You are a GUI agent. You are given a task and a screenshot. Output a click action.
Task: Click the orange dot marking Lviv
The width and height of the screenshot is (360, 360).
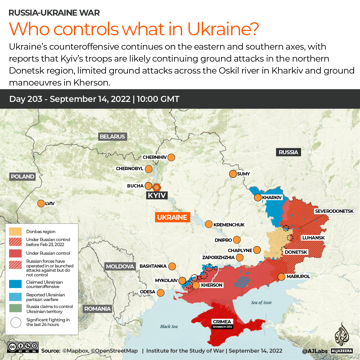point(41,203)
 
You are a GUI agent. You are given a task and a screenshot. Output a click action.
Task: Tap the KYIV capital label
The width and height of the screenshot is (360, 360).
point(157,195)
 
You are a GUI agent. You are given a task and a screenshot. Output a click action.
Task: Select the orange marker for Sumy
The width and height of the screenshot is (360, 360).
point(233,174)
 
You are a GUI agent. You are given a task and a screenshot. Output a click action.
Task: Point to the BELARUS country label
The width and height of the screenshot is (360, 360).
point(112,136)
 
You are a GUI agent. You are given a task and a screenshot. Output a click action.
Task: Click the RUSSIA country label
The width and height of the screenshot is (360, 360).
point(288,152)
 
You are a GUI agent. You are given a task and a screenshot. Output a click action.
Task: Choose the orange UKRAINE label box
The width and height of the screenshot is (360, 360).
point(172,217)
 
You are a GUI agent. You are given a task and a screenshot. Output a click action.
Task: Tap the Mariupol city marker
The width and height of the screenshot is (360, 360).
point(281,276)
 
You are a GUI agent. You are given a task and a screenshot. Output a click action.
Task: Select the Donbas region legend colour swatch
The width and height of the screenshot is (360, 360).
point(15,231)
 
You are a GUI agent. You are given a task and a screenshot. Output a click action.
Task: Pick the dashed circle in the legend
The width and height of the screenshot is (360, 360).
point(15,322)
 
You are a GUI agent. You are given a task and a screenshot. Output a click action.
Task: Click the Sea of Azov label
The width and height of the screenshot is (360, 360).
point(261,302)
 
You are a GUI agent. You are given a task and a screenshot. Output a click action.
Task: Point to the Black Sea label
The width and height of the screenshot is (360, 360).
point(169,326)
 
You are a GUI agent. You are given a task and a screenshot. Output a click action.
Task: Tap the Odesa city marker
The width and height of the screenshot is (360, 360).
point(161,293)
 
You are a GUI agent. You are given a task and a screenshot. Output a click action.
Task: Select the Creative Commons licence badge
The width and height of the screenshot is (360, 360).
point(23,347)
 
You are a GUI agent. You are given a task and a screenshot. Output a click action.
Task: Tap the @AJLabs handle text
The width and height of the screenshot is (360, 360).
point(315,351)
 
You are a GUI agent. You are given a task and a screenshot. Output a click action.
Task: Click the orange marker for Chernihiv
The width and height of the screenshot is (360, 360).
point(172,157)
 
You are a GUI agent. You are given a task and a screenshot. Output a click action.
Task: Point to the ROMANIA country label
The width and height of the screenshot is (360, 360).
point(98,309)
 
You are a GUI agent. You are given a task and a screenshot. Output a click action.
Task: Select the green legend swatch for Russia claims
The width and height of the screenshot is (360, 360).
point(15,309)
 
